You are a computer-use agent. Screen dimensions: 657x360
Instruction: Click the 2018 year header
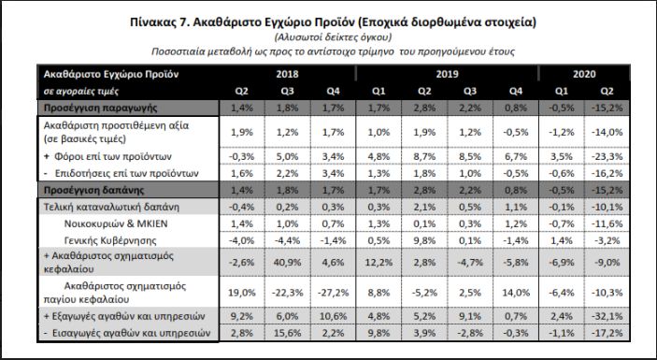[x=287, y=74]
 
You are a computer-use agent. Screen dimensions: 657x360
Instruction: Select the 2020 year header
[x=584, y=74]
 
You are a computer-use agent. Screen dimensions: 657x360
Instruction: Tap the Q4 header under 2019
[x=516, y=91]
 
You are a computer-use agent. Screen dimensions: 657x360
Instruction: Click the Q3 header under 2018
[x=287, y=91]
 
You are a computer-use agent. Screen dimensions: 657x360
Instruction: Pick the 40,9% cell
[x=287, y=263]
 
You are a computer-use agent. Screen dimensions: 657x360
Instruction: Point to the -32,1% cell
[x=607, y=316]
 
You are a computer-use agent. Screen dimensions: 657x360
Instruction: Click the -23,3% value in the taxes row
[x=607, y=157]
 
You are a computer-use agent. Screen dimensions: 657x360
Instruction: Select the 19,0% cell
[x=242, y=293]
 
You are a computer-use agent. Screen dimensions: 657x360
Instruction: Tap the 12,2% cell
[x=378, y=263]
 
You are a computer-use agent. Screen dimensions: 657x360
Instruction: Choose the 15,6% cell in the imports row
[x=287, y=333]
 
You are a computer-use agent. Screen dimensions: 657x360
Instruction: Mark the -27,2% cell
[x=333, y=293]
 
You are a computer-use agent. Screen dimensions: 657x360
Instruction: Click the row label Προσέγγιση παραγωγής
[x=101, y=108]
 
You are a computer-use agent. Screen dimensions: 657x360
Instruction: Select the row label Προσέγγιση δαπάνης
[x=93, y=190]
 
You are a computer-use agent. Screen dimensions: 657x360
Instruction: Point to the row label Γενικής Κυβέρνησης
[x=110, y=240]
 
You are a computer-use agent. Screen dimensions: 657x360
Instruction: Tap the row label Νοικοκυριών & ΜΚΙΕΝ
[x=116, y=223]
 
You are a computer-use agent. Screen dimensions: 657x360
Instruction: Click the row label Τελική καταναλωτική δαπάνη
[x=111, y=207]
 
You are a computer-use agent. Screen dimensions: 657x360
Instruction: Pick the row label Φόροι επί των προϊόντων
[x=113, y=157]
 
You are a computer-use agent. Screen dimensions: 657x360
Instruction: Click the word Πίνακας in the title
[x=153, y=22]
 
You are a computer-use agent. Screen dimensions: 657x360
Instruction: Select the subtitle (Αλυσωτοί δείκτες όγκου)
[x=333, y=37]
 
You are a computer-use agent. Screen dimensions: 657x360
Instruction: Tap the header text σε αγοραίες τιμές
[x=81, y=92]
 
